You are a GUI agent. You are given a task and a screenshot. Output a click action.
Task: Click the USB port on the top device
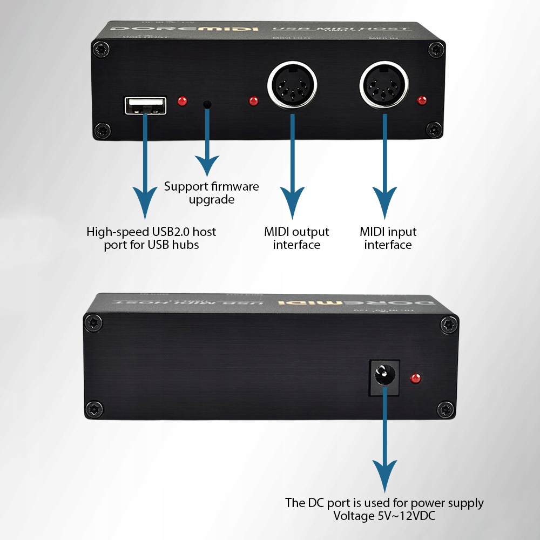pos(145,105)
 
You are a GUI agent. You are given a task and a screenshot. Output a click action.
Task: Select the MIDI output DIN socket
pos(292,86)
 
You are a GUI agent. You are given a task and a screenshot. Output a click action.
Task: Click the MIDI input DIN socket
pos(384,86)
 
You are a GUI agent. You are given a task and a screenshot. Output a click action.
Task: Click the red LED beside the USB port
pos(183,100)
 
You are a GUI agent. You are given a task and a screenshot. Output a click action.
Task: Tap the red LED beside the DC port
pos(416,378)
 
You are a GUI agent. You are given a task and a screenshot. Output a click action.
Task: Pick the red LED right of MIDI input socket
pos(422,100)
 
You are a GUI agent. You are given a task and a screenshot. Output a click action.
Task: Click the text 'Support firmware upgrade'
pos(212,193)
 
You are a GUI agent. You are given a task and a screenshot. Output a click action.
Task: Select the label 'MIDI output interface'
pos(296,238)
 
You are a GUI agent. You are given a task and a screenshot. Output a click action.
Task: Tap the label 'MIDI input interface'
pos(388,238)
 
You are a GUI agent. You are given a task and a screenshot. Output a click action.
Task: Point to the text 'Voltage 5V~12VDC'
pos(384,516)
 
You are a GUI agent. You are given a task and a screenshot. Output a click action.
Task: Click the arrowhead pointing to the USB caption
pos(144,204)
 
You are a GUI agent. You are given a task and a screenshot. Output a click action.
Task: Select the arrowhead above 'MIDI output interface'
pos(292,204)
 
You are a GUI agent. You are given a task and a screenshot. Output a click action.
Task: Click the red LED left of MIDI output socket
pos(253,100)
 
